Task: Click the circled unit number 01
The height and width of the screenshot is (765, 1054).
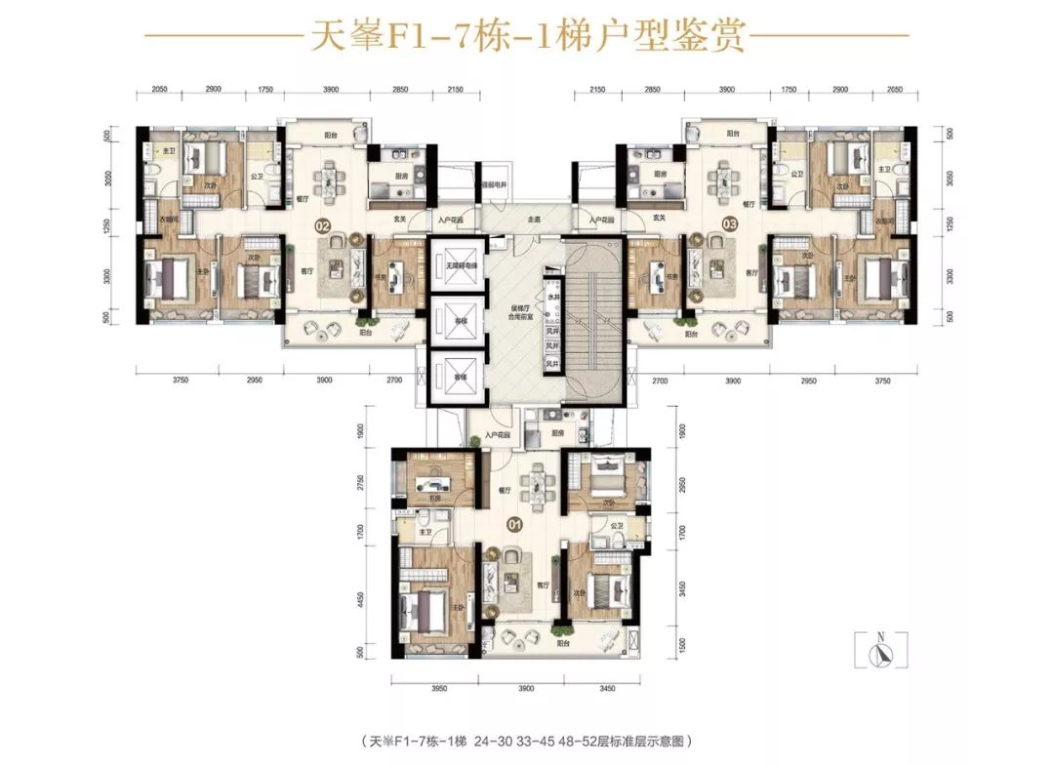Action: click(x=515, y=524)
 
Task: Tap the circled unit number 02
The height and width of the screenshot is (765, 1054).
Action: click(x=322, y=226)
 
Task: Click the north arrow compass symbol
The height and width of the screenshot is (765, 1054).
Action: click(x=881, y=650)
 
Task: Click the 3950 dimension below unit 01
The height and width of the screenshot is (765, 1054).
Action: click(x=438, y=689)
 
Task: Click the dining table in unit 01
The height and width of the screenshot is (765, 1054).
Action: click(x=535, y=485)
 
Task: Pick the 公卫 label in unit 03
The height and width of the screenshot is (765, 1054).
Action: click(x=796, y=175)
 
